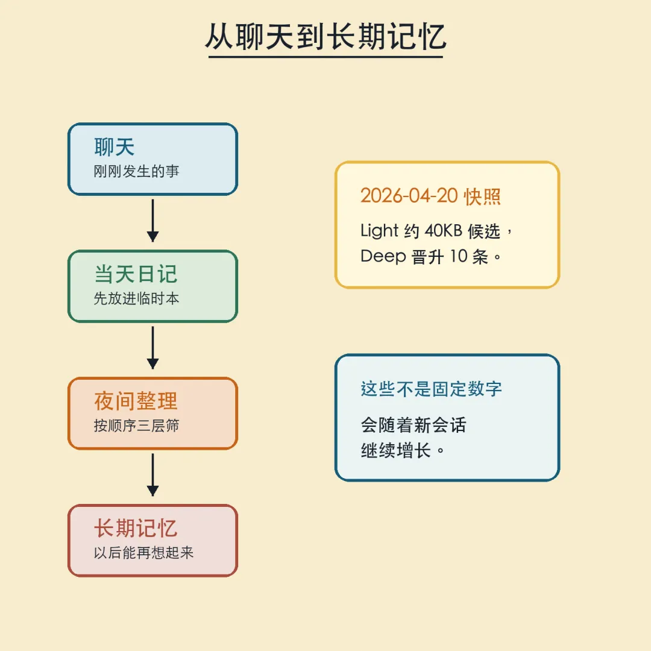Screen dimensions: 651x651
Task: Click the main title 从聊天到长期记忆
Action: coord(325,37)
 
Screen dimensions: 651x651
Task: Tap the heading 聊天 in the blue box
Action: coord(115,147)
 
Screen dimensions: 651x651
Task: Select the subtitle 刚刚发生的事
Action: coord(137,172)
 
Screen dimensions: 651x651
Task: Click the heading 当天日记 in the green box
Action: coord(136,274)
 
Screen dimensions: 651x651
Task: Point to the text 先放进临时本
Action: coord(137,299)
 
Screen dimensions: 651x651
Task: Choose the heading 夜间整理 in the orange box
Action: coord(136,401)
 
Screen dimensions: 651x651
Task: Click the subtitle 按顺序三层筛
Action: coord(137,426)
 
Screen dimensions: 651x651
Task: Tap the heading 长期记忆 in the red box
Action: coord(136,529)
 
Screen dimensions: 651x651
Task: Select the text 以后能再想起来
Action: coord(144,553)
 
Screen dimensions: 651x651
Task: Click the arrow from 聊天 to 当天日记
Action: coord(153,221)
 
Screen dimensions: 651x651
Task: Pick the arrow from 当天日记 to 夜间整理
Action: coord(153,348)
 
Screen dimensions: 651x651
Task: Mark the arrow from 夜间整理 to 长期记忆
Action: coord(153,475)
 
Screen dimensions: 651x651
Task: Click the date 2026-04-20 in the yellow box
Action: coord(409,197)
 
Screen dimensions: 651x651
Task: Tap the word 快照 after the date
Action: coord(483,197)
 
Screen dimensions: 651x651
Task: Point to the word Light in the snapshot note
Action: coord(380,231)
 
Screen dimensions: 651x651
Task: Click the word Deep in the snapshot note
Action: coord(383,256)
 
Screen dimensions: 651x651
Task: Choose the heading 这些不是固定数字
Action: coord(432,389)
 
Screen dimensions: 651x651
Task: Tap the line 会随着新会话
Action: coord(414,425)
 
